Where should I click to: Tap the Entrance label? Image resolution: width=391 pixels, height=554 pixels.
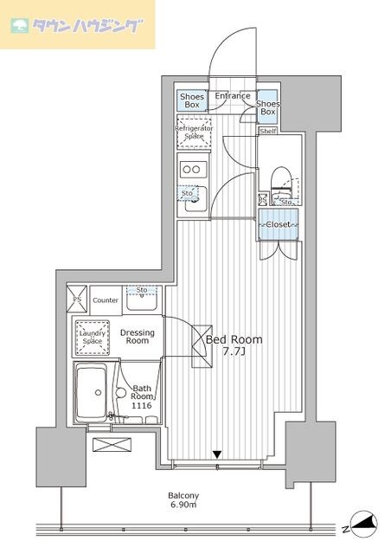[x=232, y=96]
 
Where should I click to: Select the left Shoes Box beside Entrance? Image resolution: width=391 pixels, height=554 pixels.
[x=191, y=101]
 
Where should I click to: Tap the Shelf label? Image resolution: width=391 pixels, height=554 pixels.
[x=268, y=132]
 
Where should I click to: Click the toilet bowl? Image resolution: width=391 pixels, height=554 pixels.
[x=280, y=182]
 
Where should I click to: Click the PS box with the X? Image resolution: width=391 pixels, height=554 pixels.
[x=75, y=299]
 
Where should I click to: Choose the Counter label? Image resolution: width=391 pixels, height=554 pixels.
[x=106, y=300]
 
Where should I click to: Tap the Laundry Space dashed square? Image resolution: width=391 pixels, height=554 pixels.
[x=91, y=337]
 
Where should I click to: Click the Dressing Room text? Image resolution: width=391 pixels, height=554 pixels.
[x=138, y=337]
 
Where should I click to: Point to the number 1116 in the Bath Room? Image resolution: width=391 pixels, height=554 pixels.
[x=142, y=403]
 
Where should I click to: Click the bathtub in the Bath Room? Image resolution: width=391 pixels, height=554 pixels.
[x=90, y=394]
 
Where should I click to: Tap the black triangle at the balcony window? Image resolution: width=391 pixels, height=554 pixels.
[x=218, y=454]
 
